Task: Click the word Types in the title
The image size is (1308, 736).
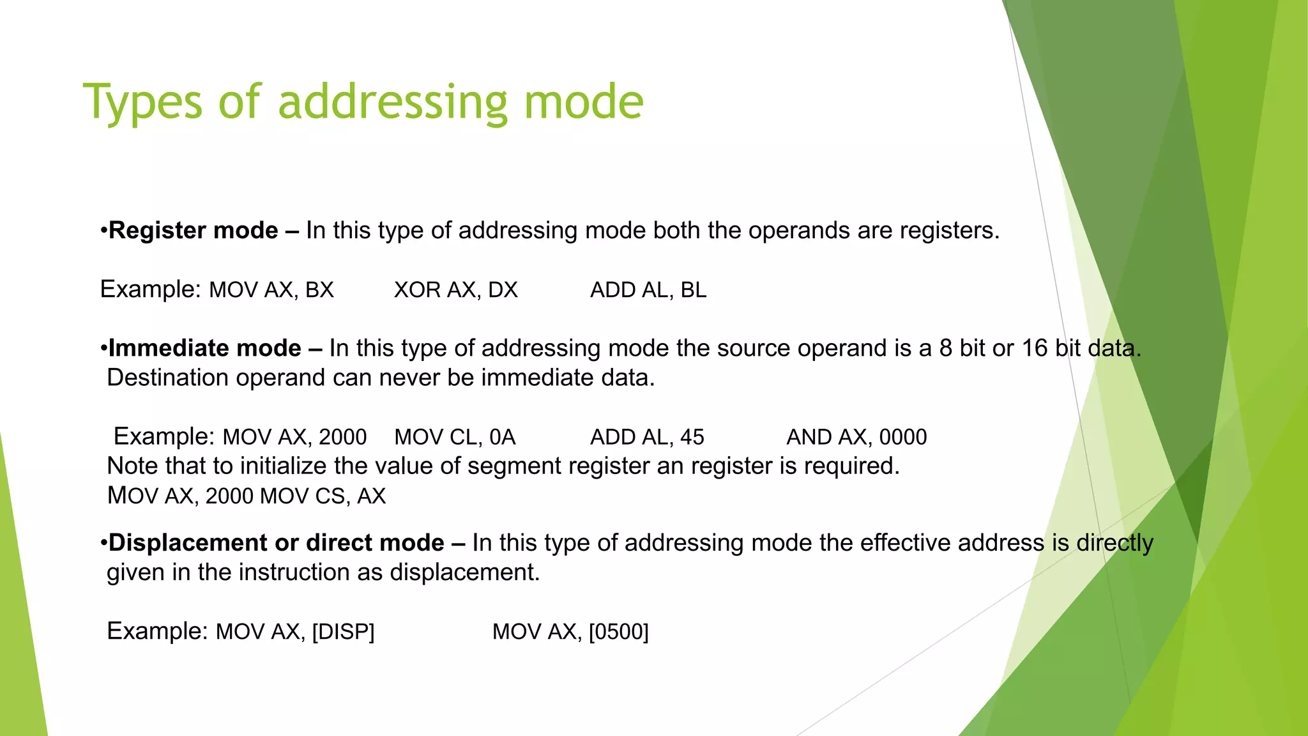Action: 142,103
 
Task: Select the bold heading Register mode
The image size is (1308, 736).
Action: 193,231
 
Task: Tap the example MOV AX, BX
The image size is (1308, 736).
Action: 271,290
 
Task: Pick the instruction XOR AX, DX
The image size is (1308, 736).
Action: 455,290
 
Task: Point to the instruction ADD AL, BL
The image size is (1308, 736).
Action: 648,290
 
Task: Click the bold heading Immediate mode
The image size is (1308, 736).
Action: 204,348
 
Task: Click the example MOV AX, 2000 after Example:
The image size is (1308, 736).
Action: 294,437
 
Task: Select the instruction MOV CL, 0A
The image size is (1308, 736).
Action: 455,437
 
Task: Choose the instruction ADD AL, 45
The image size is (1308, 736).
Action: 647,437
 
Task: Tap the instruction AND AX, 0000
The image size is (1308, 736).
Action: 856,437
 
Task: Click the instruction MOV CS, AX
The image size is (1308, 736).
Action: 323,496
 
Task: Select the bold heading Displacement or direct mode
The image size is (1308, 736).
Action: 276,543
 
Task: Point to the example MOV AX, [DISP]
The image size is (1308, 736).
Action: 295,632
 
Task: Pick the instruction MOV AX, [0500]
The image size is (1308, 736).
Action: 570,632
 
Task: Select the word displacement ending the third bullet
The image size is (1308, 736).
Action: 464,572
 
